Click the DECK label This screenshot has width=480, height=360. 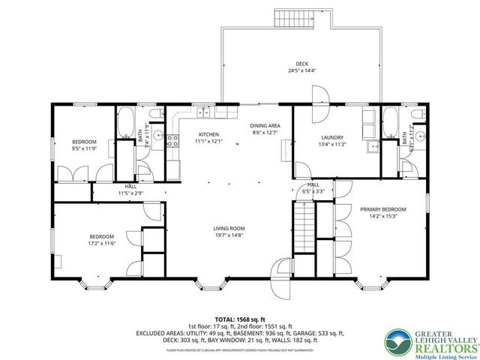(301, 64)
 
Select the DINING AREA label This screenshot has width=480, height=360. (264, 126)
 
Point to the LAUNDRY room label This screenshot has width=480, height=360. (331, 138)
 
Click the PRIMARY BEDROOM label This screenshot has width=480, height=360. (382, 209)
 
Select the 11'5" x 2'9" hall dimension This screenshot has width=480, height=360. (130, 193)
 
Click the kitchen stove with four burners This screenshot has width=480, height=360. (171, 139)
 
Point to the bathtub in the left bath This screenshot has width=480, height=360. (126, 120)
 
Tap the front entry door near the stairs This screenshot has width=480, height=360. (283, 268)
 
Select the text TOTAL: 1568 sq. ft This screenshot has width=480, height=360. (241, 319)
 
